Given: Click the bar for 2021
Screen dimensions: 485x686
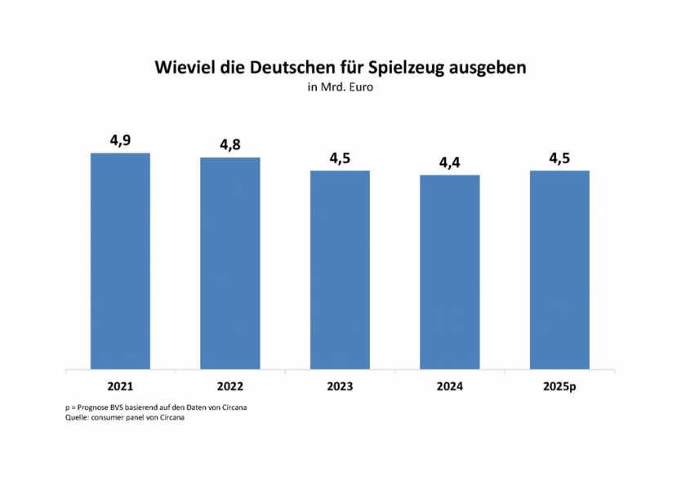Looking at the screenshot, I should (x=120, y=260).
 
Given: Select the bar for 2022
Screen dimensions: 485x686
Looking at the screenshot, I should (x=230, y=263).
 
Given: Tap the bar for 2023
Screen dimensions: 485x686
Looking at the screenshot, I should (x=340, y=269).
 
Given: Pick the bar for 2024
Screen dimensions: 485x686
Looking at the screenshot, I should (x=449, y=272).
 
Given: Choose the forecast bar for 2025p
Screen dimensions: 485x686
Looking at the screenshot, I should (x=559, y=269).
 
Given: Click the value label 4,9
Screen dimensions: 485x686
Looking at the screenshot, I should (x=121, y=140).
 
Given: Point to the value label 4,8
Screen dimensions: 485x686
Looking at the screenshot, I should (x=230, y=145).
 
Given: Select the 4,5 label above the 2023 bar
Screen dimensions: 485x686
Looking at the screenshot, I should (x=340, y=158).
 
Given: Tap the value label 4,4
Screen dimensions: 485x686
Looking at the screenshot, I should (x=449, y=162).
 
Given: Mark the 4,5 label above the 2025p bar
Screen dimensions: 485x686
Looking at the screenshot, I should (x=559, y=158).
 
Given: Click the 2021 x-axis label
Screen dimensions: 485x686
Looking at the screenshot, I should (x=120, y=385).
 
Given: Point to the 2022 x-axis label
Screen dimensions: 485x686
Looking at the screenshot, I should (x=230, y=385).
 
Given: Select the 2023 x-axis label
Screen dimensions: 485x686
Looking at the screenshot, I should (x=340, y=385).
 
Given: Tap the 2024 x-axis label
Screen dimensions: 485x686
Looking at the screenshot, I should (x=449, y=385).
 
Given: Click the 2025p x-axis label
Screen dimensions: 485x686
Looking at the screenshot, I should (x=559, y=385).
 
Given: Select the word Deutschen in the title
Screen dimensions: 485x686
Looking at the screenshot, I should (x=285, y=67).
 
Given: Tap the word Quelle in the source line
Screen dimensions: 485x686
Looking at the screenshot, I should (x=78, y=417).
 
